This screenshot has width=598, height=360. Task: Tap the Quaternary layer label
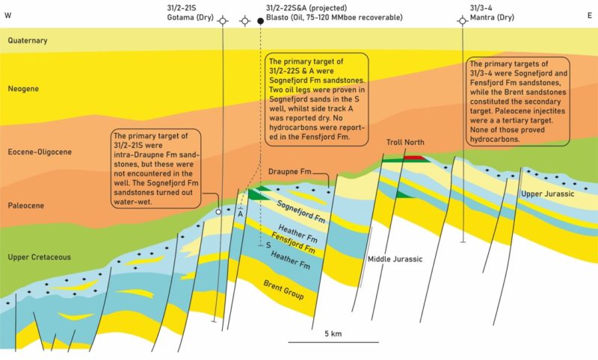(x=27, y=41)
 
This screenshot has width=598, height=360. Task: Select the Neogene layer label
(x=22, y=89)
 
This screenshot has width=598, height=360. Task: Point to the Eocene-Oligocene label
(x=39, y=152)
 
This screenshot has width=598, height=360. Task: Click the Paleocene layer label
(x=25, y=202)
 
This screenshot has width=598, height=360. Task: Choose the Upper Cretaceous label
(x=39, y=258)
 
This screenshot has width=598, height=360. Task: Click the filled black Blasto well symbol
(x=261, y=21)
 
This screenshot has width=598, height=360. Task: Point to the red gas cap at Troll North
(x=414, y=158)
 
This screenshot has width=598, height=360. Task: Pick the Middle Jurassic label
(x=395, y=259)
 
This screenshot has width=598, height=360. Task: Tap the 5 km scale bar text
(x=333, y=332)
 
